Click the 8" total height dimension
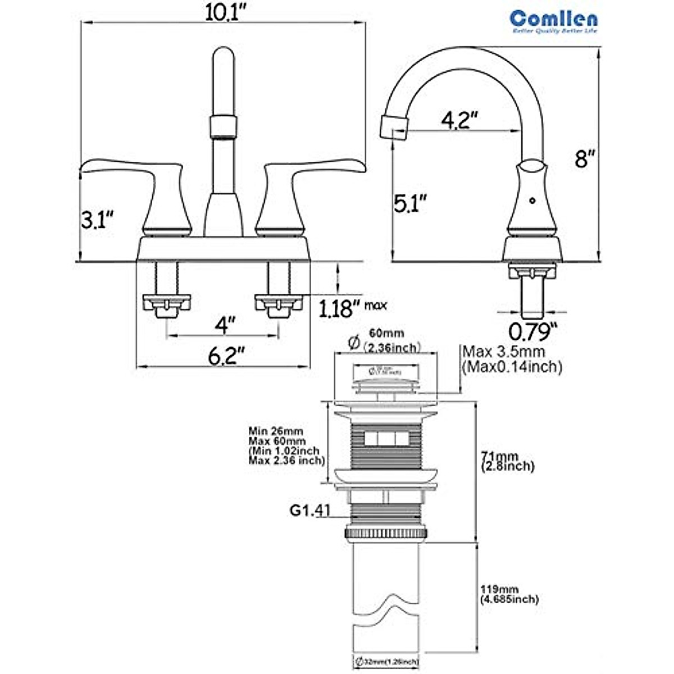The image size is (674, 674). (584, 159)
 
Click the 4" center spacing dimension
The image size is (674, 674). (224, 324)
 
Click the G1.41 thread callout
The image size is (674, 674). (309, 511)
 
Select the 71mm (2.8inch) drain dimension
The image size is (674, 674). (507, 461)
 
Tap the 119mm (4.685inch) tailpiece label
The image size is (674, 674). (509, 594)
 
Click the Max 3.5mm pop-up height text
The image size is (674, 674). (512, 359)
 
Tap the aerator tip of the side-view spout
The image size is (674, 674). (393, 125)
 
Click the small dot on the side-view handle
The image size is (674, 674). (532, 199)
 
